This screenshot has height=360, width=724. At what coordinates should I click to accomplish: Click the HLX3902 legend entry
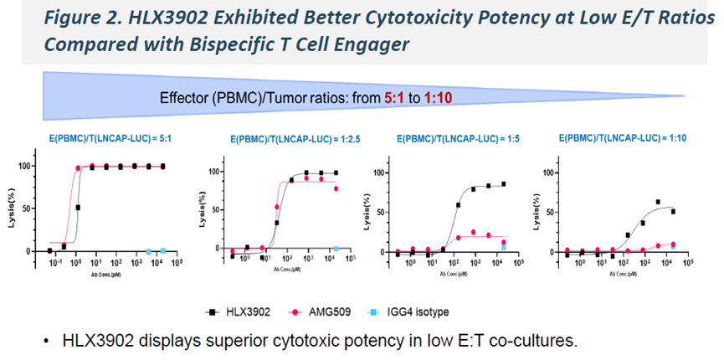239,311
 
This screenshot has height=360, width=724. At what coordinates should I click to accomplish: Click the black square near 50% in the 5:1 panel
79,208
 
